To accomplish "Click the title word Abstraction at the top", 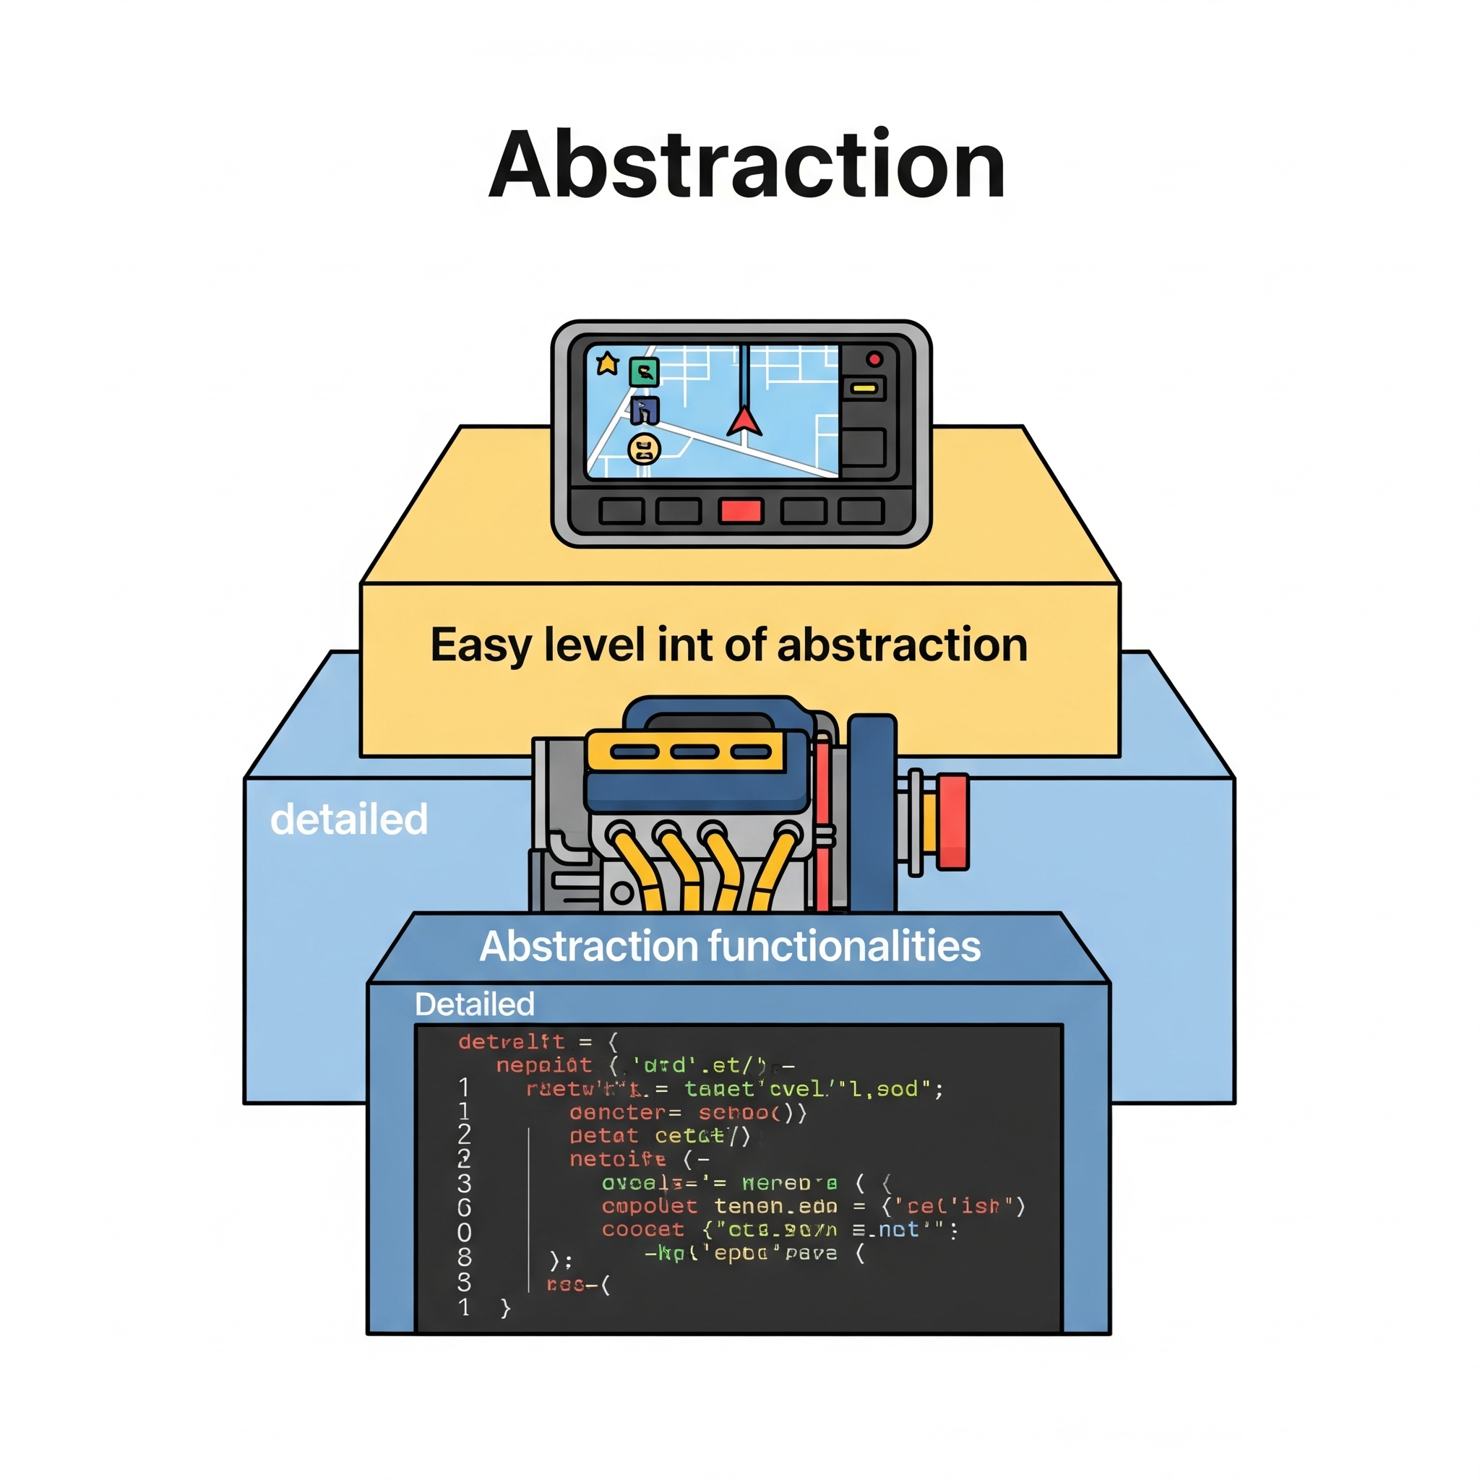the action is click(747, 165).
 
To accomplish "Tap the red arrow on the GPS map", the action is click(743, 421).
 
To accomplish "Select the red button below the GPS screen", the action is click(740, 511).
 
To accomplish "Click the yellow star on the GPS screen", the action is click(608, 363).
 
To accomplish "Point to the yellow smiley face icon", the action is click(644, 449).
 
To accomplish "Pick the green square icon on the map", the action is click(644, 372).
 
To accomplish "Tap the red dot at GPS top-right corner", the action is click(874, 359).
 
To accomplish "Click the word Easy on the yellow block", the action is click(480, 645).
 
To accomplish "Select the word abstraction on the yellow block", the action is click(902, 645).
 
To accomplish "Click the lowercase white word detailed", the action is click(348, 819).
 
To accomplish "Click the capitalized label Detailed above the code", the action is click(474, 1004).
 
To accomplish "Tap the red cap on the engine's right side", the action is click(952, 821).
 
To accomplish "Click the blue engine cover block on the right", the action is click(872, 812).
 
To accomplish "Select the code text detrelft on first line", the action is click(511, 1042).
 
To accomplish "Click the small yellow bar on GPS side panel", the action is click(864, 388).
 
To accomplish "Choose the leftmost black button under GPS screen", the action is click(621, 511).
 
